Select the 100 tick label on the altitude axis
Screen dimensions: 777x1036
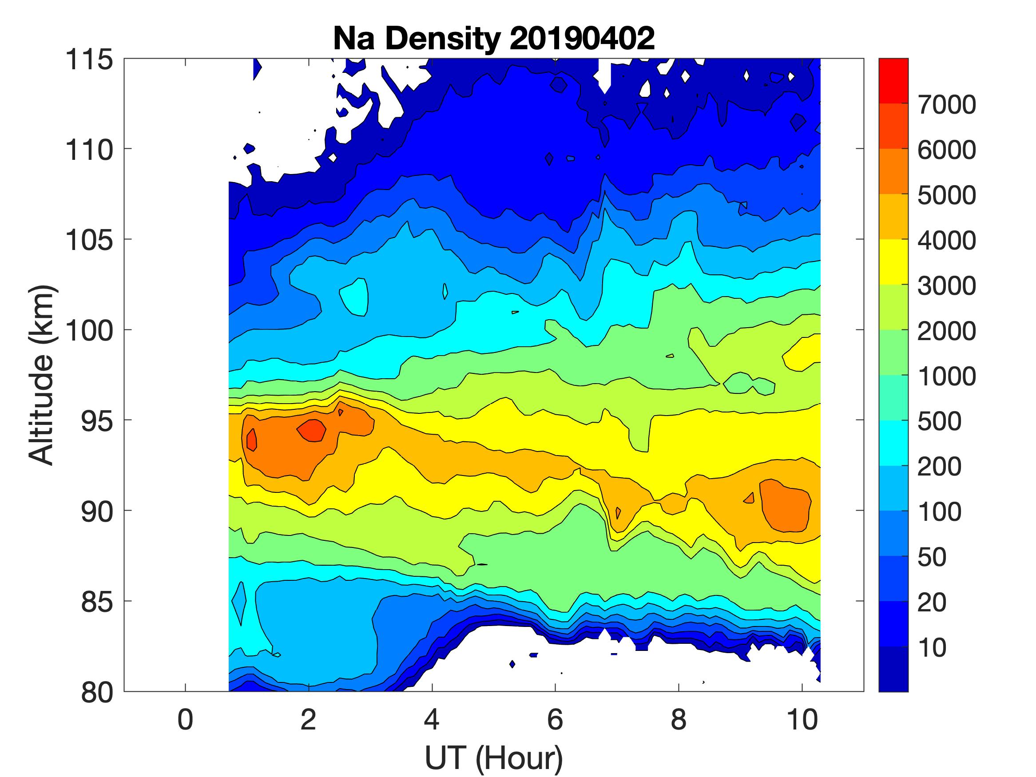click(89, 331)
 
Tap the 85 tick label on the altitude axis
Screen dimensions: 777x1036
click(97, 602)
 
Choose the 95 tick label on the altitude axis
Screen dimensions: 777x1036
click(97, 421)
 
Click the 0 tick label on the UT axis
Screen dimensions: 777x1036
click(186, 719)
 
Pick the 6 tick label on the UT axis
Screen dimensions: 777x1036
click(555, 719)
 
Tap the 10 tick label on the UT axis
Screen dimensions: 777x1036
click(802, 719)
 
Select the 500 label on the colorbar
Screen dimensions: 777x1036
click(939, 421)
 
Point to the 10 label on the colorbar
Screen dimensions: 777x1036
click(932, 648)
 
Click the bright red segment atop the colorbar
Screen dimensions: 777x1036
click(893, 79)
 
